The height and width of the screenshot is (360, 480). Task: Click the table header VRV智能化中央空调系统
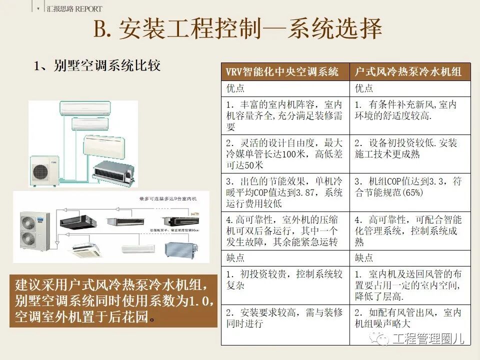coord(282,71)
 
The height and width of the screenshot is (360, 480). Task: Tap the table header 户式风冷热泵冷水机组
coord(408,71)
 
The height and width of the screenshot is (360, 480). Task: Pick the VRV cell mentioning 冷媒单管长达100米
coord(284,154)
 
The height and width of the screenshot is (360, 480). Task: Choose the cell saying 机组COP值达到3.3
coord(408,186)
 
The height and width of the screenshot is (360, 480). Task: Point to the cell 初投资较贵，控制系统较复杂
coord(284,280)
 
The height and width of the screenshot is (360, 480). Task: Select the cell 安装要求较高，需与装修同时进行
coord(284,318)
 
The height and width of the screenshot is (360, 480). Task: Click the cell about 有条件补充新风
coord(408,110)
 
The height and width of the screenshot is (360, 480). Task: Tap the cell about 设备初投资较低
coord(408,148)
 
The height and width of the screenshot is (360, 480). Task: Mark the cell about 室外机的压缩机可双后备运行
coord(284,231)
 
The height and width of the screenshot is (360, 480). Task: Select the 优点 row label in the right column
coord(364,88)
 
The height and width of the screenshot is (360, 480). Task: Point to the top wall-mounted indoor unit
coord(85,107)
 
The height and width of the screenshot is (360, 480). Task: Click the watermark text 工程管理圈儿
coord(427,338)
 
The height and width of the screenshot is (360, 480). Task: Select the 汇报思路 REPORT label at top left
coord(73,8)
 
